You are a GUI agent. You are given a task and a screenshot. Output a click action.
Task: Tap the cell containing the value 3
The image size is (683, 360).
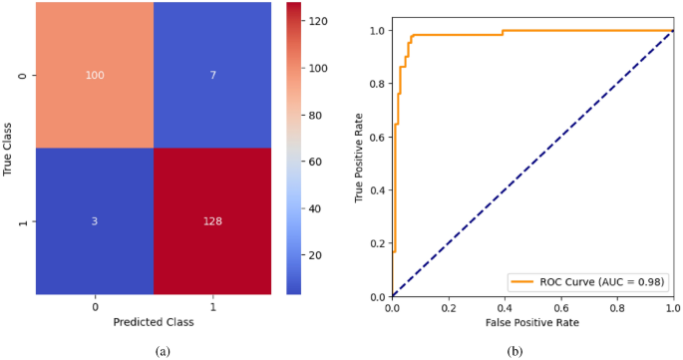(95, 222)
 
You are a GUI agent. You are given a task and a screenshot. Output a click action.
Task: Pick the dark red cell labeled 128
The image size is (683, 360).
(212, 222)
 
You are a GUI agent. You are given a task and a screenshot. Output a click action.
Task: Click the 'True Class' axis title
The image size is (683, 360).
(9, 150)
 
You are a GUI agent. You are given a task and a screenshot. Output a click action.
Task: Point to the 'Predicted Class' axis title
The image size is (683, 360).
(154, 323)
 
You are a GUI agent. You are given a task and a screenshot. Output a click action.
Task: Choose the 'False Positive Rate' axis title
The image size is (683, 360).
(531, 323)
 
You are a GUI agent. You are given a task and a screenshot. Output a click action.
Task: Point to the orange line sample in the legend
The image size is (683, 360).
(524, 282)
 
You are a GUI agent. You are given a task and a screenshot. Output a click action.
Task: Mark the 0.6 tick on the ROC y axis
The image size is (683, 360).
(377, 137)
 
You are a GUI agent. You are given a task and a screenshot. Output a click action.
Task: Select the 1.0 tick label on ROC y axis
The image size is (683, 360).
(377, 31)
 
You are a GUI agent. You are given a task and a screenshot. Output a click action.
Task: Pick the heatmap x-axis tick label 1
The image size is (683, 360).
(212, 307)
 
